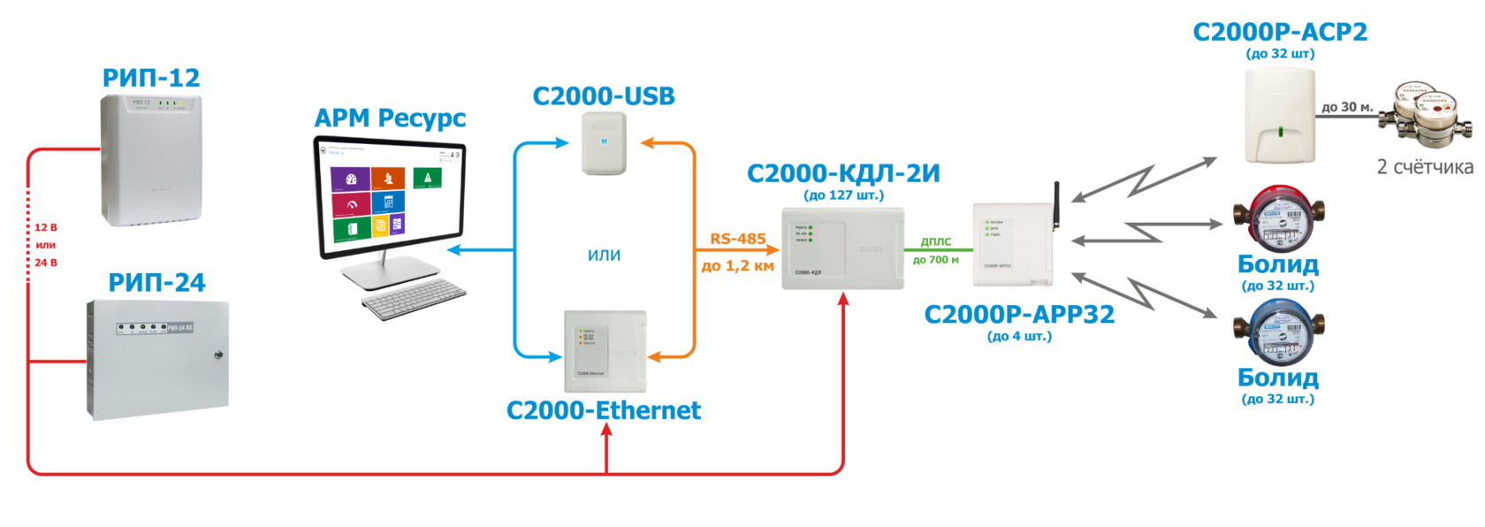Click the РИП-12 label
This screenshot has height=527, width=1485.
(x=151, y=79)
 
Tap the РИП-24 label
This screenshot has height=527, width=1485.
(x=156, y=283)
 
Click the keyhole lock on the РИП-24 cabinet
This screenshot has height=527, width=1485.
(x=217, y=356)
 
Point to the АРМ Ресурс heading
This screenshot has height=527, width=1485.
(x=389, y=118)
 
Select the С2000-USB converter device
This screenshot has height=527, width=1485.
(x=604, y=143)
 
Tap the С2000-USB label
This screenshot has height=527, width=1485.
(x=604, y=95)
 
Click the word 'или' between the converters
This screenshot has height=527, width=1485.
(x=604, y=256)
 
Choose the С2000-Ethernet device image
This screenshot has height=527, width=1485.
(x=605, y=351)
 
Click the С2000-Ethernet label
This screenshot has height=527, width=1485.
(x=604, y=410)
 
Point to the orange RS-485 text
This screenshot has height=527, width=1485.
(x=737, y=240)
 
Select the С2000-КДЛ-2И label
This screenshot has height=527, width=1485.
(x=843, y=173)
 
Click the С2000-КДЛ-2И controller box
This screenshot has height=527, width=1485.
(x=843, y=248)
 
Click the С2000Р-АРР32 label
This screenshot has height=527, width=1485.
(x=1019, y=315)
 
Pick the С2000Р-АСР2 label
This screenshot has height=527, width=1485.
(x=1280, y=33)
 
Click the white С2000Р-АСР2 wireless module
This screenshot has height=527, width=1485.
(x=1280, y=116)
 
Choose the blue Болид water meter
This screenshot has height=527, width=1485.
(x=1278, y=333)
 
